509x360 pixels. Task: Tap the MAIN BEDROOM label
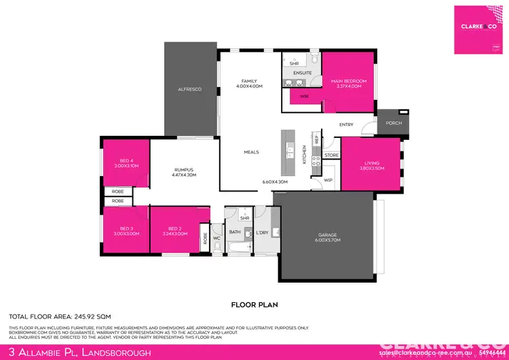tap(349, 81)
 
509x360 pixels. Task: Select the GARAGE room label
tap(327, 236)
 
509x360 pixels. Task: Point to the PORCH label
tap(393, 123)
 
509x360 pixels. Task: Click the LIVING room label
tap(371, 164)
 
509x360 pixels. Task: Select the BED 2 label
tap(174, 229)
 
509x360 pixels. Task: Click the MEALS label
tap(251, 152)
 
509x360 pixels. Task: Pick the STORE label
tap(331, 156)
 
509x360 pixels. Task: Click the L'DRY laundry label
tap(262, 232)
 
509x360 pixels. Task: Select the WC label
tap(217, 238)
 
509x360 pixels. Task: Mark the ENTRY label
tap(346, 124)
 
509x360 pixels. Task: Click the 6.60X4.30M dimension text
tap(275, 182)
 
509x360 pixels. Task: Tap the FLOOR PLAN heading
tap(254, 305)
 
